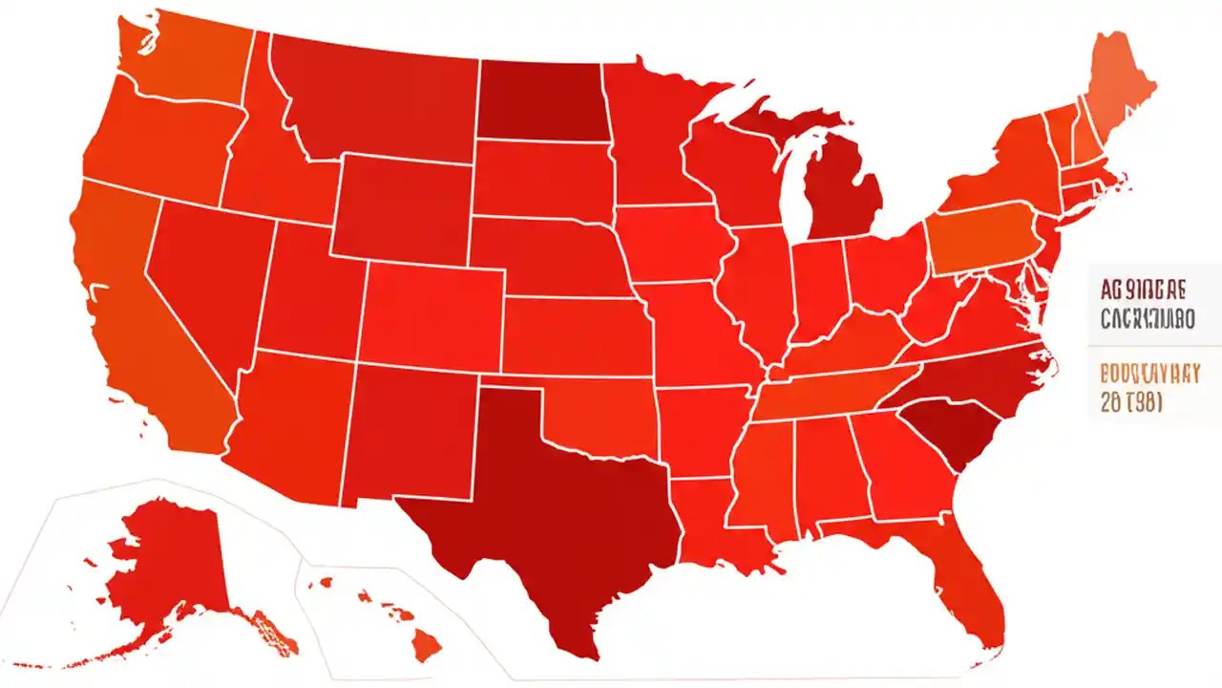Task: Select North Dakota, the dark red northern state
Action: tap(539, 100)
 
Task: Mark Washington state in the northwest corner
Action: tap(186, 57)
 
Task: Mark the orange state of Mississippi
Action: tap(764, 478)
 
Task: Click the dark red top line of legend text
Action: tap(1143, 289)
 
